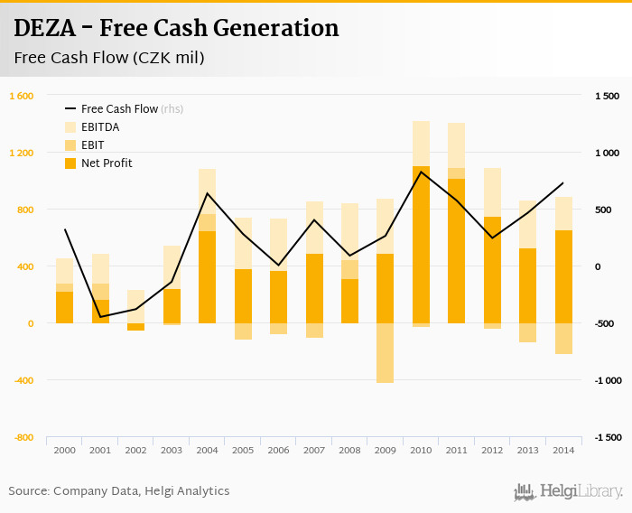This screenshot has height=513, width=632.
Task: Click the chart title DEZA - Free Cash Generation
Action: (x=176, y=29)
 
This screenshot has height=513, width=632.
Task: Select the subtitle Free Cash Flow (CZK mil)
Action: (x=108, y=59)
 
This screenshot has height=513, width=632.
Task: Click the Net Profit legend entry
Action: (x=107, y=163)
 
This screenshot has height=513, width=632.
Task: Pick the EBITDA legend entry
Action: (x=99, y=127)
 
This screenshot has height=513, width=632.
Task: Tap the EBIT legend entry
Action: (x=92, y=145)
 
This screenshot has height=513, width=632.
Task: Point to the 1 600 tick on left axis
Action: (x=22, y=96)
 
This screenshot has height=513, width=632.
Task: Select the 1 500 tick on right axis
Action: (x=607, y=96)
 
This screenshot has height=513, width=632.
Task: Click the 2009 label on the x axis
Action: (x=386, y=450)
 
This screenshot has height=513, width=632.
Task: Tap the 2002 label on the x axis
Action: (x=135, y=450)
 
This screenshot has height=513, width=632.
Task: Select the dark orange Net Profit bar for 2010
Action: (x=421, y=244)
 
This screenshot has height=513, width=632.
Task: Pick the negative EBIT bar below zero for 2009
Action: (x=386, y=353)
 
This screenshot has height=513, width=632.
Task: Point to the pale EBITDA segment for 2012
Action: (x=492, y=191)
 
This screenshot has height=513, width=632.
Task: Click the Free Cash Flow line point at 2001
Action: (x=100, y=317)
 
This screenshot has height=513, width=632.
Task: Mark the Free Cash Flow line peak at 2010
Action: (x=421, y=172)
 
